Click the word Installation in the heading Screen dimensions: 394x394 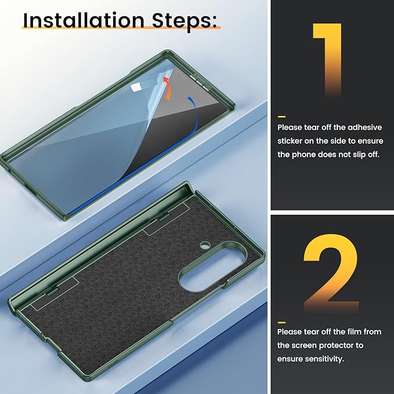click(x=84, y=20)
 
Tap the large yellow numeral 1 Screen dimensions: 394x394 click(x=327, y=59)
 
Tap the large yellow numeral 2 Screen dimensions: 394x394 click(x=331, y=273)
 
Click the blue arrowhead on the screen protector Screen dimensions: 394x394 click(x=190, y=99)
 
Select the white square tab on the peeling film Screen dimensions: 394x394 click(x=136, y=88)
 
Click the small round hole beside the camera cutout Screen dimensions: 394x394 click(x=205, y=244)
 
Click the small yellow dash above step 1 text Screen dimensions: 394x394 click(x=281, y=117)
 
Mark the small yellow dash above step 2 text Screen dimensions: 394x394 click(x=281, y=323)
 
